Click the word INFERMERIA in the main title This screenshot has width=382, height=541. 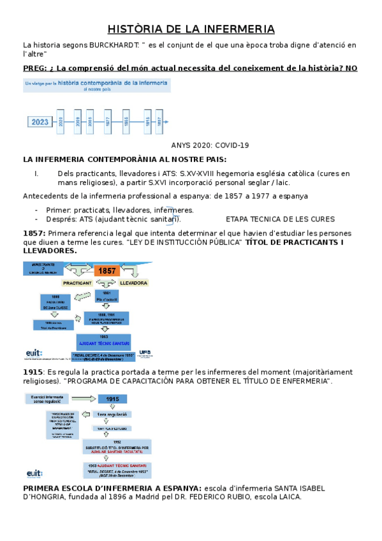(239, 29)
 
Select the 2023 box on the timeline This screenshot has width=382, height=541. (40, 121)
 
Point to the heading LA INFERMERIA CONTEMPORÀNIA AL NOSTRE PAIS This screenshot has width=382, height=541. (124, 159)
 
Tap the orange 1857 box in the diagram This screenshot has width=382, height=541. (107, 270)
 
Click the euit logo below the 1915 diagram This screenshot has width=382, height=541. (35, 473)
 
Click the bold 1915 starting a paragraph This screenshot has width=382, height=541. (32, 372)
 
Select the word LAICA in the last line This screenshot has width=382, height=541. (288, 497)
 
